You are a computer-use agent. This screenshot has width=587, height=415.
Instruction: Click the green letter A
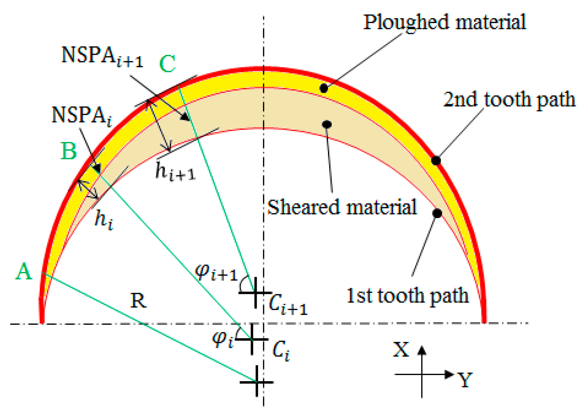(x=24, y=271)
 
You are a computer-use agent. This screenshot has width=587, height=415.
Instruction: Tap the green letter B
(x=69, y=151)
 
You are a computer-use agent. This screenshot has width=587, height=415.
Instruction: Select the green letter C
(x=167, y=64)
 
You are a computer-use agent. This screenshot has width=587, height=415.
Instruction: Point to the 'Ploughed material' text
(x=444, y=22)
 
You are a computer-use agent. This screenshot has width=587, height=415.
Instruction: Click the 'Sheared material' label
(x=342, y=207)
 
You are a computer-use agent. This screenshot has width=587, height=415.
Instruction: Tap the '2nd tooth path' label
(x=509, y=100)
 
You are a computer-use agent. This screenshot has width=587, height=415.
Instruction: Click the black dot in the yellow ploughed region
(x=323, y=88)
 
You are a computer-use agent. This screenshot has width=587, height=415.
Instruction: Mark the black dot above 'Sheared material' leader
(x=327, y=124)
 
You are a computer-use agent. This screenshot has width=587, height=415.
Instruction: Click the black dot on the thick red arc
(x=436, y=160)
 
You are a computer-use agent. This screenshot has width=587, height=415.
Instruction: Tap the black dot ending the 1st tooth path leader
(x=437, y=213)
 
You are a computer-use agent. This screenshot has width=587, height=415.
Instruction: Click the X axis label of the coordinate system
(x=401, y=350)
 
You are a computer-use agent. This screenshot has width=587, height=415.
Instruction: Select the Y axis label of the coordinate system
(x=465, y=380)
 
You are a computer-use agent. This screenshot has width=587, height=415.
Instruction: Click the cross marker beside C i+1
(x=255, y=293)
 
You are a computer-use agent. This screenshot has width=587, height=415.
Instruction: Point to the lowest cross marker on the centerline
(x=257, y=382)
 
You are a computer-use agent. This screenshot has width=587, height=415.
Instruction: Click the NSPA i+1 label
(x=102, y=56)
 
